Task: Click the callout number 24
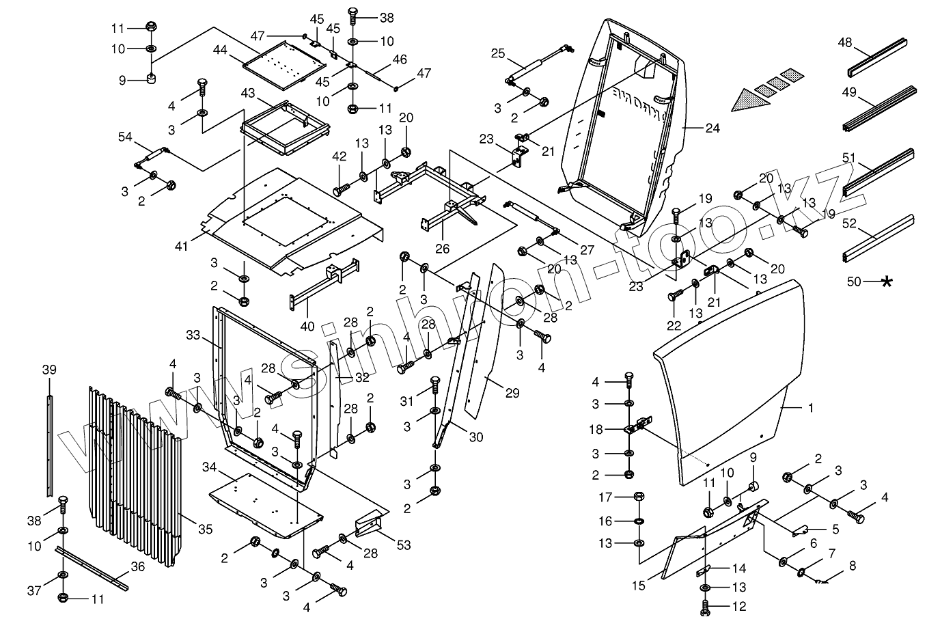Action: pyautogui.click(x=713, y=128)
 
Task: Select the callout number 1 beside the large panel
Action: pyautogui.click(x=810, y=408)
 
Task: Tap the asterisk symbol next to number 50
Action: pyautogui.click(x=887, y=281)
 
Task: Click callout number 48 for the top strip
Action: pyautogui.click(x=844, y=42)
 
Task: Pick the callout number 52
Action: pyautogui.click(x=849, y=223)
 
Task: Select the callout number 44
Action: pyautogui.click(x=220, y=50)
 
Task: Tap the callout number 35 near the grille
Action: pyautogui.click(x=205, y=529)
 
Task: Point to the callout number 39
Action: pyautogui.click(x=49, y=370)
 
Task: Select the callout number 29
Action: pyautogui.click(x=512, y=393)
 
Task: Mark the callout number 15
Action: pyautogui.click(x=639, y=586)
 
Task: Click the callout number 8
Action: pyautogui.click(x=852, y=565)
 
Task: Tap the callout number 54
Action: pyautogui.click(x=125, y=137)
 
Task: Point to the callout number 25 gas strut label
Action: pyautogui.click(x=497, y=53)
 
